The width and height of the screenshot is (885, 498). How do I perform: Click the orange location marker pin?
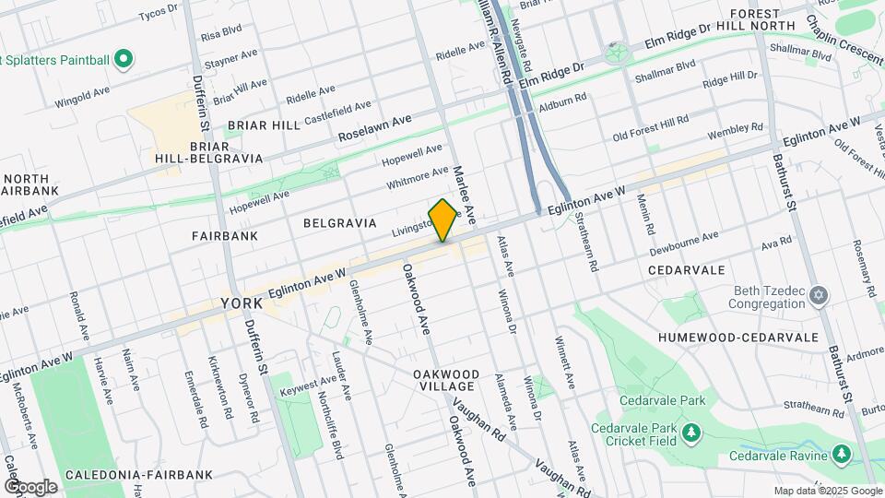click(x=442, y=220)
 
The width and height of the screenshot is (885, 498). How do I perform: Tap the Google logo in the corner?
click(x=30, y=486)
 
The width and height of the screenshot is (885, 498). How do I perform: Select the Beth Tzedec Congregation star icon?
click(x=818, y=295)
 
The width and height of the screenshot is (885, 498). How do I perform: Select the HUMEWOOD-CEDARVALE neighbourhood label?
click(x=738, y=338)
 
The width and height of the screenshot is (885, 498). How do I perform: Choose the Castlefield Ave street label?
click(x=337, y=112)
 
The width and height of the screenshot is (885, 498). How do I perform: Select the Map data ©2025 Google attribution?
click(x=826, y=491)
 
